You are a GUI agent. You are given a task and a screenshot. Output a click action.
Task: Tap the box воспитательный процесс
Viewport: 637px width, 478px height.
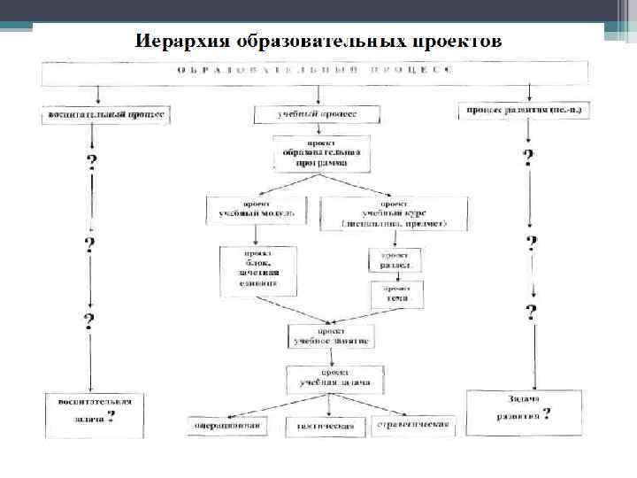(103, 116)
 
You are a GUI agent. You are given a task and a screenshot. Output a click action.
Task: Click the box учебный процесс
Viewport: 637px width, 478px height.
(317, 115)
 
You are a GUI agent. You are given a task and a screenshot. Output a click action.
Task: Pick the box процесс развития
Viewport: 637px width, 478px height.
(526, 111)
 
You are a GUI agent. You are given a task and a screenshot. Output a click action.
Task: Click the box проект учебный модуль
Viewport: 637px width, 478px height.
(257, 208)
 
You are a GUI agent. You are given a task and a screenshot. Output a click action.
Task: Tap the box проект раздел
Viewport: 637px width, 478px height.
(394, 259)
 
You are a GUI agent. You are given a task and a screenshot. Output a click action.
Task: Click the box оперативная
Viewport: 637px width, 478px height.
(228, 425)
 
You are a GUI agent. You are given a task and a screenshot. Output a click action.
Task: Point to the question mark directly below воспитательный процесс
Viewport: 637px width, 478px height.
(91, 162)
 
